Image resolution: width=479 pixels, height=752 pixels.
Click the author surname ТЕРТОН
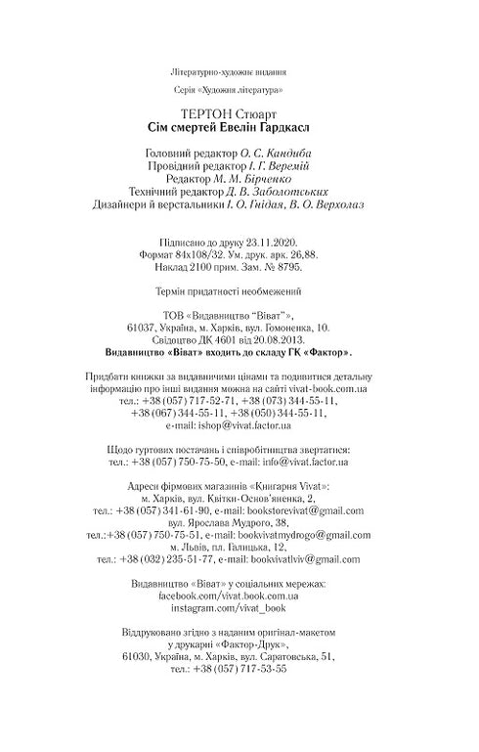[x=197, y=113]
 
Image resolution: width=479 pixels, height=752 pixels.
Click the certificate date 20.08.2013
[x=275, y=342]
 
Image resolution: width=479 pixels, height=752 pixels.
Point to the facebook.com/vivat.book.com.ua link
[x=239, y=596]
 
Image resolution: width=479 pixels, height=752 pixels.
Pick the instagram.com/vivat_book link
[x=239, y=608]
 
